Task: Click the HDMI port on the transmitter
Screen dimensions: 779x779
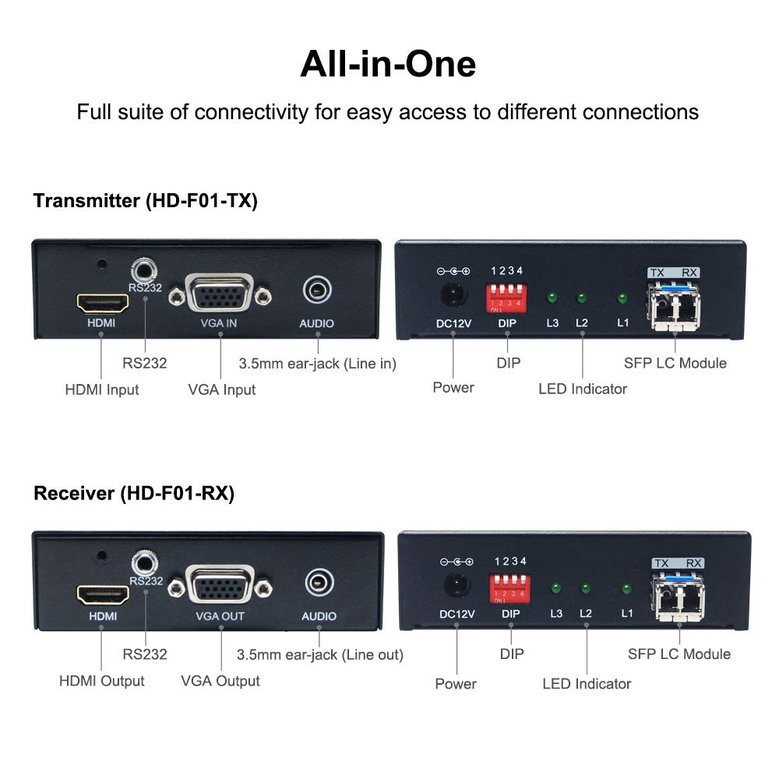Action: click(102, 303)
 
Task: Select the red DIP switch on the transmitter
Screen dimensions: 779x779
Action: click(506, 298)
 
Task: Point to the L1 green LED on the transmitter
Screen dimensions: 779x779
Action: click(622, 298)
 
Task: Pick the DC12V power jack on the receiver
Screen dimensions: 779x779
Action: click(456, 585)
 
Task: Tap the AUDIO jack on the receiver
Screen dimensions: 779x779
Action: click(319, 582)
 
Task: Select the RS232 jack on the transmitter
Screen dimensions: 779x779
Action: click(144, 271)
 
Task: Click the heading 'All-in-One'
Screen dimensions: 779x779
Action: click(389, 64)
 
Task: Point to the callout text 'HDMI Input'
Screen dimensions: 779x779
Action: click(102, 389)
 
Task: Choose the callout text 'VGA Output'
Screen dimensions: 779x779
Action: click(220, 681)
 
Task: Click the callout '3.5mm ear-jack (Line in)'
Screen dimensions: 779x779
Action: click(318, 364)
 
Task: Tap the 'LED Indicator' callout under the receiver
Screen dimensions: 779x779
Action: click(587, 684)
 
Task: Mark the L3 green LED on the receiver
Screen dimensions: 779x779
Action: click(556, 589)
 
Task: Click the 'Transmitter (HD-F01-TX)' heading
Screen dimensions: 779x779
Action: click(146, 201)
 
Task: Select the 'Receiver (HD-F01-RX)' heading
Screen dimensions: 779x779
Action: click(134, 493)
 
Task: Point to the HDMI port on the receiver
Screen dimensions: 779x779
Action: click(103, 594)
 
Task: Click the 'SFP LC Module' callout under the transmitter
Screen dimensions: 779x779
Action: click(675, 363)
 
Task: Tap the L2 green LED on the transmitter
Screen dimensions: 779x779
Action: click(581, 298)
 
